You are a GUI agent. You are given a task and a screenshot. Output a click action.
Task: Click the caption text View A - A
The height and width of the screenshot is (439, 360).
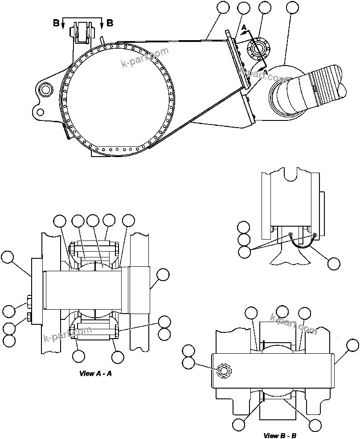(x=95, y=374)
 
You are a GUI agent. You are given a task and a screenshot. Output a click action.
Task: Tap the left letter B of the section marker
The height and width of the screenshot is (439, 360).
(x=56, y=23)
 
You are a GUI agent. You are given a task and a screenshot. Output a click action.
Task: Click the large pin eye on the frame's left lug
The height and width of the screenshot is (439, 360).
(x=45, y=89)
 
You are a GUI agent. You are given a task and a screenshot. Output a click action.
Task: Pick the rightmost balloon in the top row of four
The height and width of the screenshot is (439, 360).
(x=292, y=8)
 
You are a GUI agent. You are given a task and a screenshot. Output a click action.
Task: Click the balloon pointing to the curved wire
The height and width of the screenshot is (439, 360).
(x=334, y=263)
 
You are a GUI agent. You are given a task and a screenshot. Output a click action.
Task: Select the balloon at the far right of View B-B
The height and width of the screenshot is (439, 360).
(x=352, y=345)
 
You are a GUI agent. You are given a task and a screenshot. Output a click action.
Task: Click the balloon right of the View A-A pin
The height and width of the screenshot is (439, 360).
(x=163, y=275)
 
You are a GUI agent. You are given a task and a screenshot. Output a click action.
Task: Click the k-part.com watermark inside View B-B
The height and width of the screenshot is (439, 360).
(x=294, y=324)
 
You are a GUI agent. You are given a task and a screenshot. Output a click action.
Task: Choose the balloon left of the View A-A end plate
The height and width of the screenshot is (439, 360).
(x=8, y=257)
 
